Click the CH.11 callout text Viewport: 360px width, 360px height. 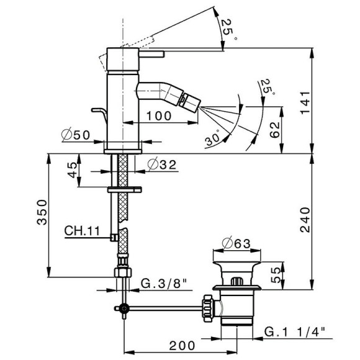(82, 231)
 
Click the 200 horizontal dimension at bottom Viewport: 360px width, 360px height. (182, 345)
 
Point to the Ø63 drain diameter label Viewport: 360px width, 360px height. (236, 243)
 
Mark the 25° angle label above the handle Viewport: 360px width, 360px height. (228, 27)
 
